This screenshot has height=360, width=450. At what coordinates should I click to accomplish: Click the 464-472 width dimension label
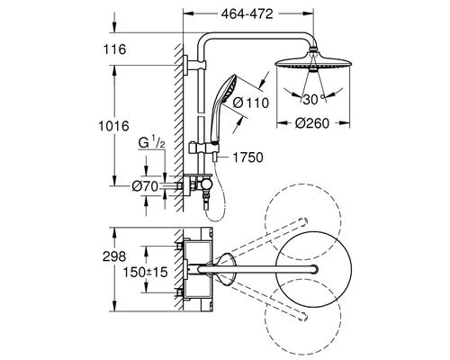(247, 14)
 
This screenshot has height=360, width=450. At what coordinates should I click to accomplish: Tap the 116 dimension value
(114, 49)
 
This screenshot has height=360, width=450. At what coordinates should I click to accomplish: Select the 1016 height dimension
(113, 126)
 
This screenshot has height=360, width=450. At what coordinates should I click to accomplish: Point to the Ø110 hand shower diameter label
(251, 103)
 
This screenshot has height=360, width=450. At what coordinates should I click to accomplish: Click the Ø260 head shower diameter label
(312, 123)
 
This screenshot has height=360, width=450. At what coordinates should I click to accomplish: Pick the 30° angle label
(314, 99)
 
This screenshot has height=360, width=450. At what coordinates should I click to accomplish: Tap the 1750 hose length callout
(248, 157)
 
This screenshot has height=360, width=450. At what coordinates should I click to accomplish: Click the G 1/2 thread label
(151, 142)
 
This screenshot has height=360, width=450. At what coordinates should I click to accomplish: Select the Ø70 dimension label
(145, 186)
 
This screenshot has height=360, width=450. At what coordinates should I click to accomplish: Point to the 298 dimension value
(114, 256)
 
